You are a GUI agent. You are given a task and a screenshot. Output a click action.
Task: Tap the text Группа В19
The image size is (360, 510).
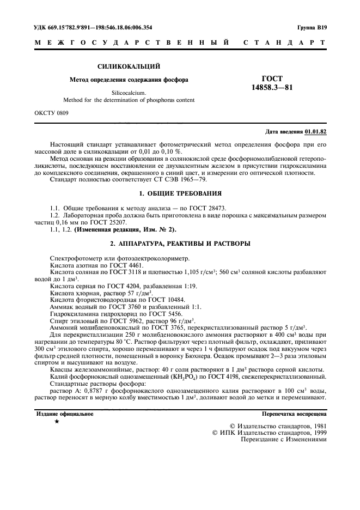coord(313,27)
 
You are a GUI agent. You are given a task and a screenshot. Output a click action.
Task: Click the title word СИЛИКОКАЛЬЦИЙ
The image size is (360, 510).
coord(128,66)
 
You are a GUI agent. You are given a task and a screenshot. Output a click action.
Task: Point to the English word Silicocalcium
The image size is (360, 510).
coord(129,93)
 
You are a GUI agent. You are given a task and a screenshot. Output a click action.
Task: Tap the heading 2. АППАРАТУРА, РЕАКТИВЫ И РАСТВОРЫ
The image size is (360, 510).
coord(179,242)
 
